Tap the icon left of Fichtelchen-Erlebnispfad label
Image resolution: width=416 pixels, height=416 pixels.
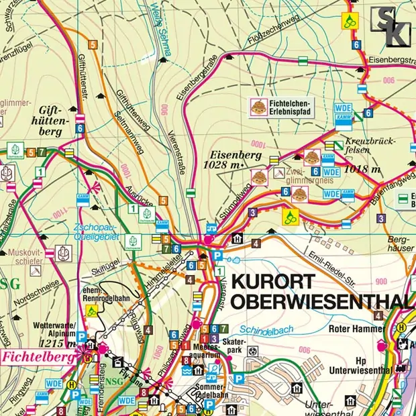(258, 105)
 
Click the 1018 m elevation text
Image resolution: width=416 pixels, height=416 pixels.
(362, 170)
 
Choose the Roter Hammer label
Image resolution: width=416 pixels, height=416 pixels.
(355, 329)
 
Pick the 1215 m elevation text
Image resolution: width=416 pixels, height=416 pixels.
(52, 344)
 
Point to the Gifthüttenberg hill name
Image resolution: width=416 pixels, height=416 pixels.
(50, 120)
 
